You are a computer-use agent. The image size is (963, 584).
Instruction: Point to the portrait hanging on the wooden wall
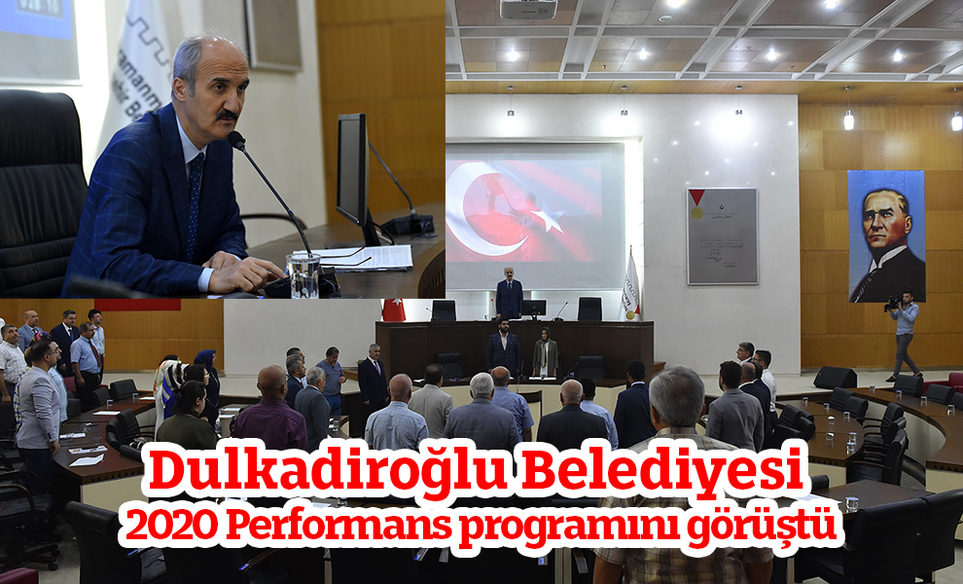coord(886,237)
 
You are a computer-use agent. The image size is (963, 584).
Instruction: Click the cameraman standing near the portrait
coord(904,334)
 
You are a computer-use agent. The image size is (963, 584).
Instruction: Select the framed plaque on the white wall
coord(722,236)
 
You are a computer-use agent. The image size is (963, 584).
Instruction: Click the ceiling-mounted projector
coord(528,9)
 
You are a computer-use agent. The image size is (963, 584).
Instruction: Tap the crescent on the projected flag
coord(490,209)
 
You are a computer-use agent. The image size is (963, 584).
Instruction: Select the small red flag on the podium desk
coord(393,310)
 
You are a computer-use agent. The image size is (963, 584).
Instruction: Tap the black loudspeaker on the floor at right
coord(836,378)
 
